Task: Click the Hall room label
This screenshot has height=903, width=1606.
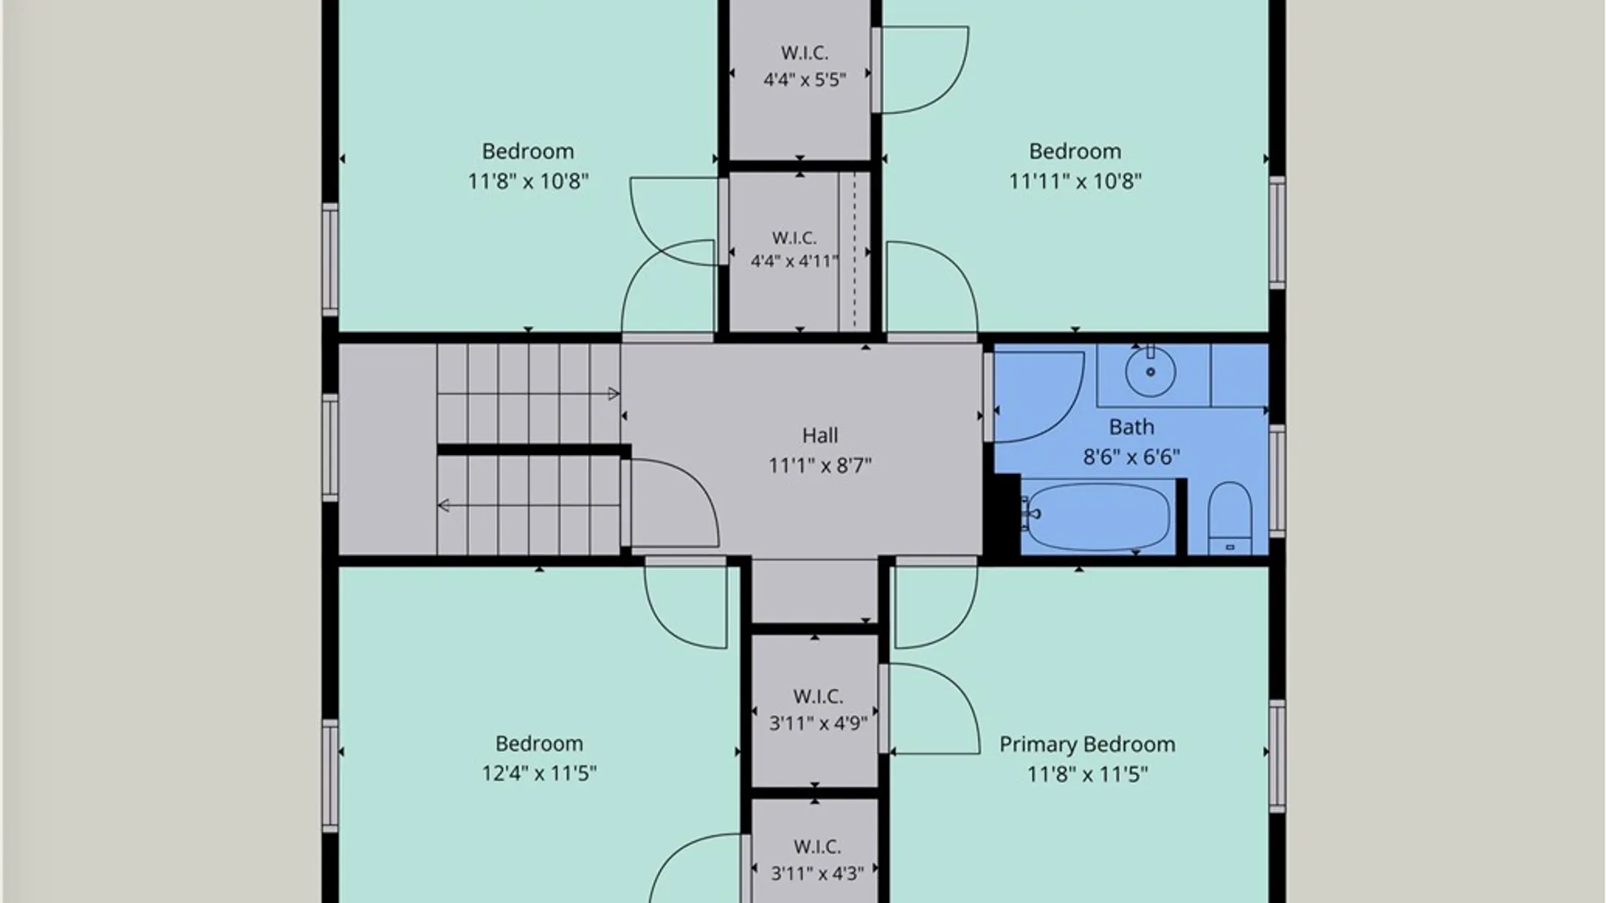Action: coord(820,436)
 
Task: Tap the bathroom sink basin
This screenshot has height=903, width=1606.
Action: coord(1150,372)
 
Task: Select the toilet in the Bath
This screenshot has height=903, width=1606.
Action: coord(1230,518)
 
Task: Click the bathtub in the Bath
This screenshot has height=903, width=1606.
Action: coord(1097,516)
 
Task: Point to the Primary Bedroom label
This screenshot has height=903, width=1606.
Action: coord(1087,744)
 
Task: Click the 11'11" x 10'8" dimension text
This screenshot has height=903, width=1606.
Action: coord(1075,181)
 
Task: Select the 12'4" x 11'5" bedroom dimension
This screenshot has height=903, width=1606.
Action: coord(539,773)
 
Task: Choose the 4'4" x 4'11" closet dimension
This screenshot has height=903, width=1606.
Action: coord(794,261)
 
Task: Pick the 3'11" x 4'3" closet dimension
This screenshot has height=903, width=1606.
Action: coord(817,874)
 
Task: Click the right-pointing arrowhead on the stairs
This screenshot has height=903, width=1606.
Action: coord(613,394)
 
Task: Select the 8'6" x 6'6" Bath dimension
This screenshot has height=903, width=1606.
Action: coord(1131,457)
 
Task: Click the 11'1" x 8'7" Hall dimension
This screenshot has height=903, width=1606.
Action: coord(820,466)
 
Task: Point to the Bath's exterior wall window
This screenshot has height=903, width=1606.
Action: coord(1277,481)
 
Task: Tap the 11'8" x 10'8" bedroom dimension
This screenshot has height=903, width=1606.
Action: coord(528,181)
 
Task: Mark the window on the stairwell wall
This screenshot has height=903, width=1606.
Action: coord(330,447)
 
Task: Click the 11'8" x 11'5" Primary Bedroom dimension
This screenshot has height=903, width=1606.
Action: coord(1087,774)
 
